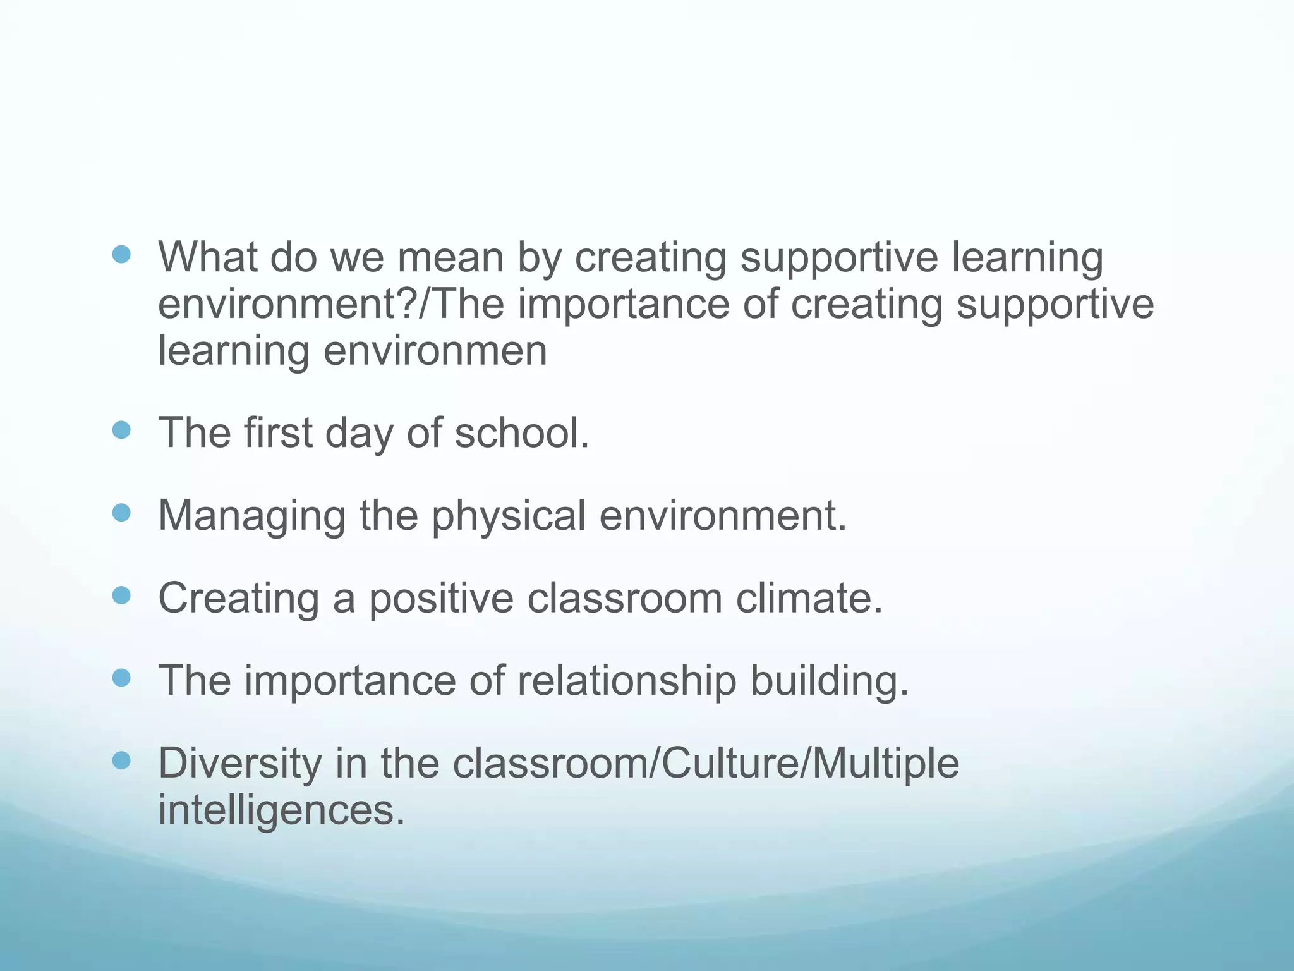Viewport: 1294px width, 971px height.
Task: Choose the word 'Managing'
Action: pos(251,516)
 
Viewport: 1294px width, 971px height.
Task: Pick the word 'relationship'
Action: pos(627,681)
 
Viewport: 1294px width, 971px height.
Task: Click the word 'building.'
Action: pos(830,681)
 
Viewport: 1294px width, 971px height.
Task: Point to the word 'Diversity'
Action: pos(239,763)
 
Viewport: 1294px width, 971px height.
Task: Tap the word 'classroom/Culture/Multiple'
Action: pos(706,763)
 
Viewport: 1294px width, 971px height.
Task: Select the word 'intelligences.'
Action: pos(281,810)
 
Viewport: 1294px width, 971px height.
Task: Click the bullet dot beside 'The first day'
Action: pos(121,431)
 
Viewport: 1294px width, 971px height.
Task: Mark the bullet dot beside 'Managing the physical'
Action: pos(121,513)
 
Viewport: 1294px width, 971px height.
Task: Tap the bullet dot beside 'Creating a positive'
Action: pos(121,595)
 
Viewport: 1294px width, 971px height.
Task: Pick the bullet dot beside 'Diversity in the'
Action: pos(121,760)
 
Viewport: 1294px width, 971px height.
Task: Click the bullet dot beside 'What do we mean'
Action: pos(121,255)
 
